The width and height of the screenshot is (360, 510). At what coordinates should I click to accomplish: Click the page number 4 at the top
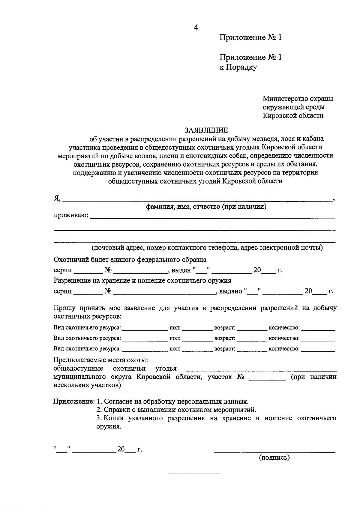pyautogui.click(x=196, y=28)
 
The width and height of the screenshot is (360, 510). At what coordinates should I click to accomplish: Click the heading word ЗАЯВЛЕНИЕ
pyautogui.click(x=206, y=130)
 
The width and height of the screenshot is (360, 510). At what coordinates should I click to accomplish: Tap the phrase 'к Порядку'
pyautogui.click(x=238, y=67)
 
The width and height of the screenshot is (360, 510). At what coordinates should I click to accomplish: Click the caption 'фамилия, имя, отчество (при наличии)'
pyautogui.click(x=206, y=207)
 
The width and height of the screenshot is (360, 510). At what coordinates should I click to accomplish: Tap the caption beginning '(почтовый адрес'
pyautogui.click(x=207, y=248)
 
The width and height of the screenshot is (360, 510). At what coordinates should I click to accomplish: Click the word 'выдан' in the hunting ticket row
pyautogui.click(x=181, y=270)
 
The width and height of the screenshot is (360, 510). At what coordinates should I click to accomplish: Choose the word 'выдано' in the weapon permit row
pyautogui.click(x=231, y=291)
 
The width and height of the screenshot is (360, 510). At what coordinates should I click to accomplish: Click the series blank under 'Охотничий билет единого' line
pyautogui.click(x=88, y=273)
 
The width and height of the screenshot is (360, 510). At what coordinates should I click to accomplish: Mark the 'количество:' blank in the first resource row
pyautogui.click(x=318, y=330)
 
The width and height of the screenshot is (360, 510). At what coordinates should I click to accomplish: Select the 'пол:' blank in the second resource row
pyautogui.click(x=197, y=341)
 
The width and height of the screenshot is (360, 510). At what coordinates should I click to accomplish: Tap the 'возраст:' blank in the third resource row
pyautogui.click(x=252, y=351)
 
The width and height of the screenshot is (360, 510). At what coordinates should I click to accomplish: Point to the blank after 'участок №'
pyautogui.click(x=267, y=380)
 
